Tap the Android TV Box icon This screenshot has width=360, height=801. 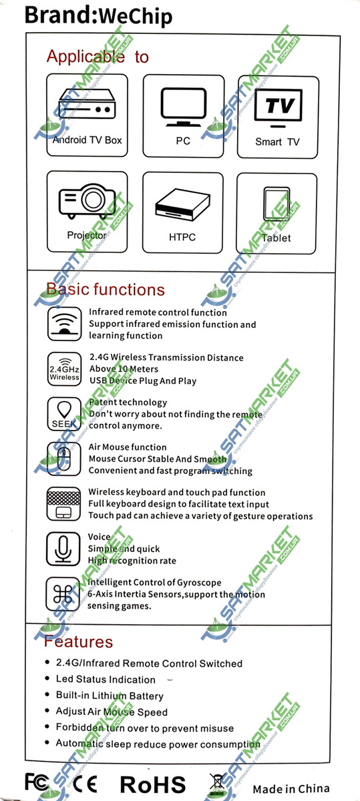(87, 104)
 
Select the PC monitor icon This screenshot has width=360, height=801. (183, 107)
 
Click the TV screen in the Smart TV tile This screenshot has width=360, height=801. (278, 106)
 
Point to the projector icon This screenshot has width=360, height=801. (87, 201)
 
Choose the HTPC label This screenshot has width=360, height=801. (182, 237)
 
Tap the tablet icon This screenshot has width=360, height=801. (277, 204)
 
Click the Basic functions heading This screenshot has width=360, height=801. (106, 289)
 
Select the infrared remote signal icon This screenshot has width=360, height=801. (64, 324)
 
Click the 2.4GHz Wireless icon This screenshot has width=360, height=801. (64, 368)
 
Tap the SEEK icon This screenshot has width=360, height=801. (64, 414)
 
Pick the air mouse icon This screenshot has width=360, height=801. (64, 459)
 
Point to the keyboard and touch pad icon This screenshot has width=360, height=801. (63, 504)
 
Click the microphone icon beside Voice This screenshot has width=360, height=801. (63, 549)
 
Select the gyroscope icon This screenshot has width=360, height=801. (63, 594)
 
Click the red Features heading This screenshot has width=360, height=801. (78, 641)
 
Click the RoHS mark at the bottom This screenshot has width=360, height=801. (153, 785)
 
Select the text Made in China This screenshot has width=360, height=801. (291, 788)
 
